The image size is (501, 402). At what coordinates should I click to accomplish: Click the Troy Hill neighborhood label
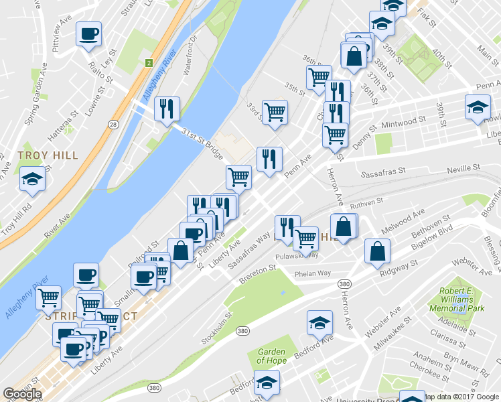(48, 155)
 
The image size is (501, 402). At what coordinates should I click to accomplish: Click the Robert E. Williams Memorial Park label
(461, 300)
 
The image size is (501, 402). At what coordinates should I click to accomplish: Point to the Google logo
(22, 394)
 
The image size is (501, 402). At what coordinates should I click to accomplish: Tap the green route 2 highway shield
(148, 63)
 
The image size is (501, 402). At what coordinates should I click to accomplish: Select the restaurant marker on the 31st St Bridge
(167, 109)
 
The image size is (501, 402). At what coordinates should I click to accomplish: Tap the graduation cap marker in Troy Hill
(32, 179)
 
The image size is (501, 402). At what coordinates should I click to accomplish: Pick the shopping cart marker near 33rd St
(275, 112)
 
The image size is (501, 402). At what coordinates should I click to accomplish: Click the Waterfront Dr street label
(194, 51)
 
